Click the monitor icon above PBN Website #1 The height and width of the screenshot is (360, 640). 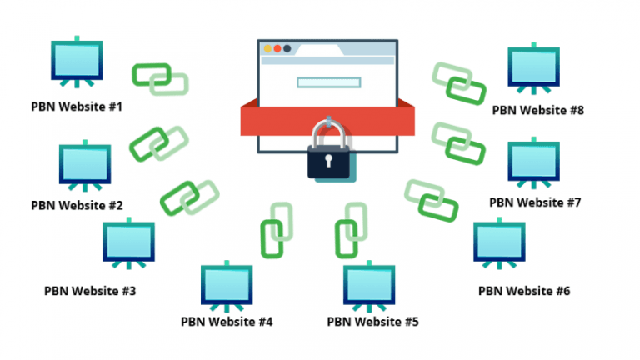(76, 63)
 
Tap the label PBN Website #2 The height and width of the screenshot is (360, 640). (77, 204)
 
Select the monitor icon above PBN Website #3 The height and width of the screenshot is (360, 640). (128, 242)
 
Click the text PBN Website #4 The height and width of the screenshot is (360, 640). (227, 320)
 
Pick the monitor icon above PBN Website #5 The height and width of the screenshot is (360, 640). (368, 284)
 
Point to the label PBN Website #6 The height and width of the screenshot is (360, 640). (524, 291)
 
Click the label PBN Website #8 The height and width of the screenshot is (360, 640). (537, 109)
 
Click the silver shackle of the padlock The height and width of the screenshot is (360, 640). (329, 132)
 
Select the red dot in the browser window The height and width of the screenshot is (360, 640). (277, 48)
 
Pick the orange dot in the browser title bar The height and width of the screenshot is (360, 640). (268, 48)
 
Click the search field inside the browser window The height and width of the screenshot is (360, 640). (328, 82)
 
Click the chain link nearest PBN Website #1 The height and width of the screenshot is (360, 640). (159, 77)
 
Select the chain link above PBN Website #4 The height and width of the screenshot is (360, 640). (276, 229)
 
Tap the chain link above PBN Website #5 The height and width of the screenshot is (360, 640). (350, 229)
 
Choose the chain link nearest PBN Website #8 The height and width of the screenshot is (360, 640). (459, 82)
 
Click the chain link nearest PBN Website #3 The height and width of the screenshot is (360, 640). (188, 198)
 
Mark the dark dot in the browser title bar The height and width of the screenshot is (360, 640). (287, 48)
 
